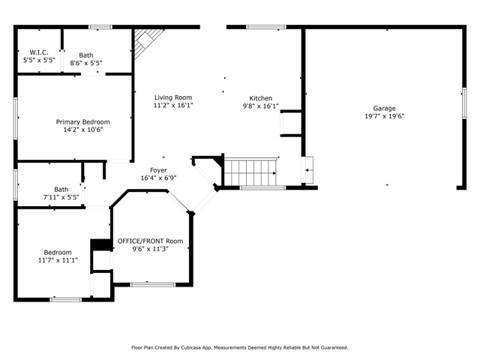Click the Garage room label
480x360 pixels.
384,109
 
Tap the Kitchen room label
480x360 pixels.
261,98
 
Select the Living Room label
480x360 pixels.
173,97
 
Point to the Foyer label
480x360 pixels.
158,170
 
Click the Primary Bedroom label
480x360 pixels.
82,121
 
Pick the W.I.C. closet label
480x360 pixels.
39,52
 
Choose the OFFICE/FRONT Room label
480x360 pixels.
150,241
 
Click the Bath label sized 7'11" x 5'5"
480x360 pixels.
61,190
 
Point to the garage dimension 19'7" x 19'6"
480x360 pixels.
384,117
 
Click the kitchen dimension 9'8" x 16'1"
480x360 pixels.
261,106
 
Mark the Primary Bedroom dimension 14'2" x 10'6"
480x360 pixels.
82,130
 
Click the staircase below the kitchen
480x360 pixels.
251,172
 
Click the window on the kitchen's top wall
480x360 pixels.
265,28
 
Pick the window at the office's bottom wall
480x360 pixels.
153,284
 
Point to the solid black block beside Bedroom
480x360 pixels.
97,244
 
